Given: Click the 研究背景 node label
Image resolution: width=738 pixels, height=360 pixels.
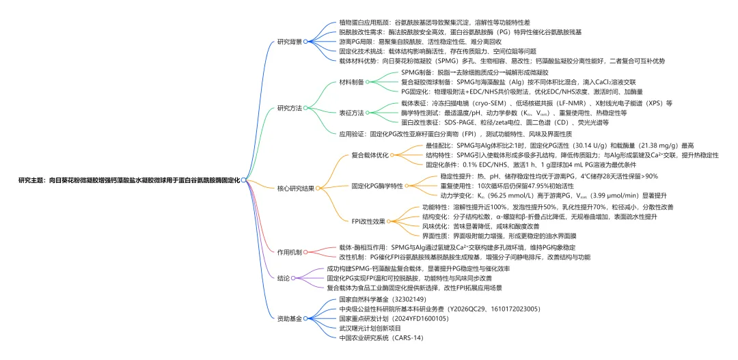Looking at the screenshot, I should coord(289,41).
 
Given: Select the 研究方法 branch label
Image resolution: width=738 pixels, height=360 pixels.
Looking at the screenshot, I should coord(289,108).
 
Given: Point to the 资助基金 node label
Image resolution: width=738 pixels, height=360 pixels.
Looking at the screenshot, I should coord(289,318).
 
